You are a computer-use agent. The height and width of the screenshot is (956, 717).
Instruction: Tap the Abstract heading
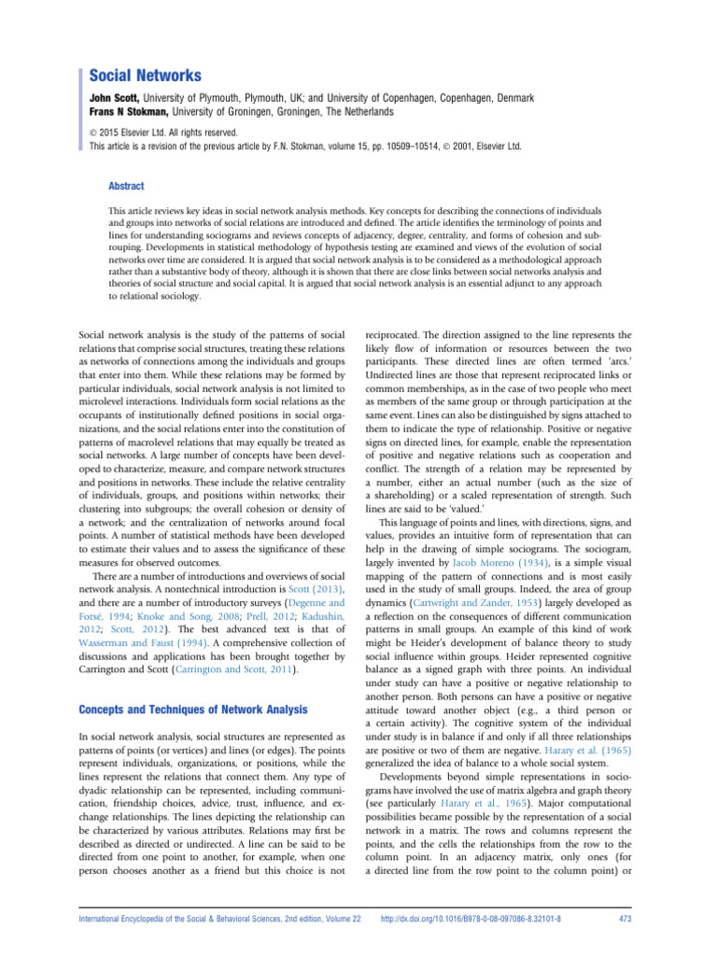click(x=128, y=186)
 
